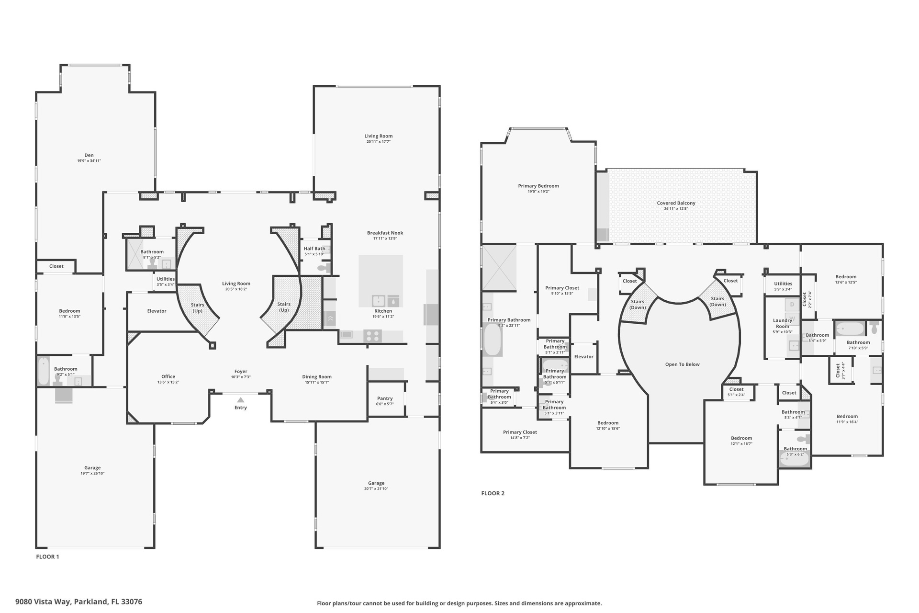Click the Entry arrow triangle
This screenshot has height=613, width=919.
241,400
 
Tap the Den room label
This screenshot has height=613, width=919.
89,155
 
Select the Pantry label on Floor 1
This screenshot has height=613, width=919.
385,398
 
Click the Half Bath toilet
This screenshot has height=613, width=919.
324,268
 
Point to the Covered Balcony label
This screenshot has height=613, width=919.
676,203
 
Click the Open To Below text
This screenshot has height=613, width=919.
682,364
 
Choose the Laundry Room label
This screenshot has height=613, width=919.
783,324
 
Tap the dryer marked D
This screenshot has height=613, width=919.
792,305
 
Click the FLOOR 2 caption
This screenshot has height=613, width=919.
493,493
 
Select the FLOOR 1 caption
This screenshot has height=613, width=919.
47,556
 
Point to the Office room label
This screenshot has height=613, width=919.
168,376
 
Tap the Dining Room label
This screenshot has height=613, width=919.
317,376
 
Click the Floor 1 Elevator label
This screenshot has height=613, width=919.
157,311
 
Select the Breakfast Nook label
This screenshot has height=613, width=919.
385,233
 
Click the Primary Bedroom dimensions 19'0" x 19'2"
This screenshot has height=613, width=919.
538,192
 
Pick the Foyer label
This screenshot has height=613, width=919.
241,371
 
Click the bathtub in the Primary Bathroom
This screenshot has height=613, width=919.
493,340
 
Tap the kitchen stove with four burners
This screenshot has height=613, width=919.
372,335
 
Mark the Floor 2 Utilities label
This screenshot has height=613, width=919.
783,284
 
